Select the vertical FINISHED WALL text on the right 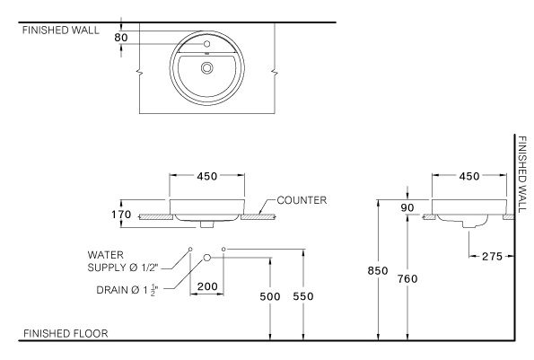click(521, 176)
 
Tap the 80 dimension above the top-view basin click(121, 38)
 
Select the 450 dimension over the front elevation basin click(207, 177)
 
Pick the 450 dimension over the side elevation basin click(468, 177)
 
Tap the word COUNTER click(302, 200)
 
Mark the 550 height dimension click(305, 297)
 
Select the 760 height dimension click(407, 279)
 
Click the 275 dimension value click(493, 257)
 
